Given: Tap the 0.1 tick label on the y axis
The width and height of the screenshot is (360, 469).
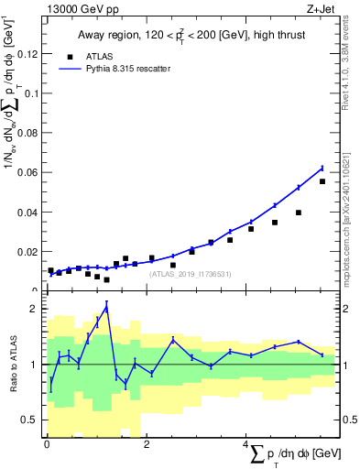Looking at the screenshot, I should point(32,93).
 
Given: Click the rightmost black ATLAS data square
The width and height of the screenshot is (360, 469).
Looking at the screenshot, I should point(322,181).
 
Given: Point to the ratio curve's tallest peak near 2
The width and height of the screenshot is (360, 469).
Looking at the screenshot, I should point(107,307).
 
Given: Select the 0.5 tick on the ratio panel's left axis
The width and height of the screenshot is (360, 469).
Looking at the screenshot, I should point(32,420).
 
